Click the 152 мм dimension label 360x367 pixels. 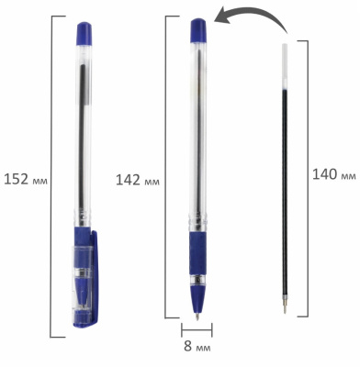click(x=26, y=179)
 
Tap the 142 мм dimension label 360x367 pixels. click(x=138, y=180)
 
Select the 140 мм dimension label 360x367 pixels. click(x=334, y=175)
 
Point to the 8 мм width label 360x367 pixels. click(x=197, y=346)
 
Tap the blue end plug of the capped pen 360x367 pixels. click(x=84, y=33)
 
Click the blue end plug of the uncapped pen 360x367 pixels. click(x=198, y=30)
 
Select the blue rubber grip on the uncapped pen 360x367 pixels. click(x=197, y=253)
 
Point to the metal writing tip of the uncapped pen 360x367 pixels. click(x=197, y=316)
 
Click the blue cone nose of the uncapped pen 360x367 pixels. click(x=197, y=299)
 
